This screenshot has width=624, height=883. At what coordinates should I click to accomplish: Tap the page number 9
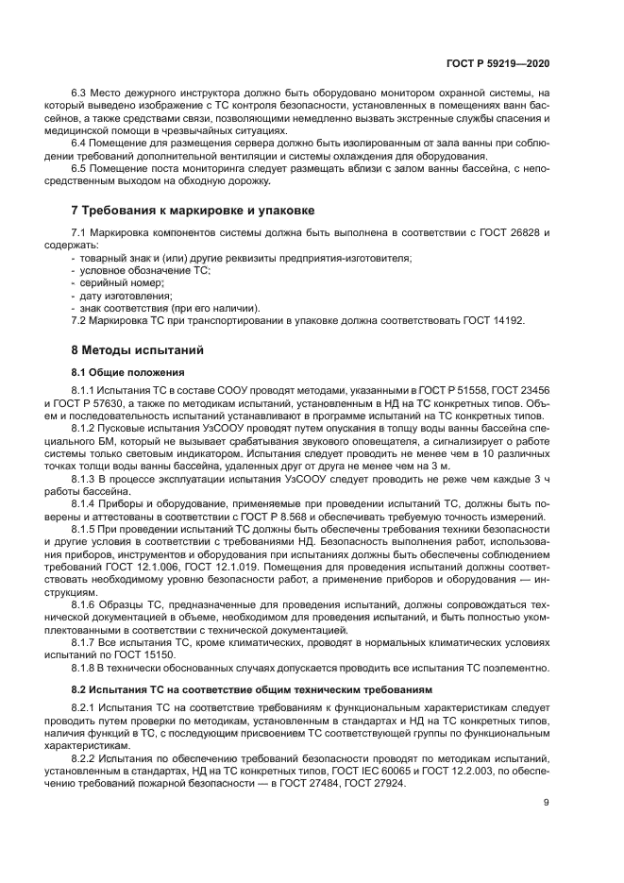547,804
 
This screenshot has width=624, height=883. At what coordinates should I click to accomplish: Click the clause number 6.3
79,93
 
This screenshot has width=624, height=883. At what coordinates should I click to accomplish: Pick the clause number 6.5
79,167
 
